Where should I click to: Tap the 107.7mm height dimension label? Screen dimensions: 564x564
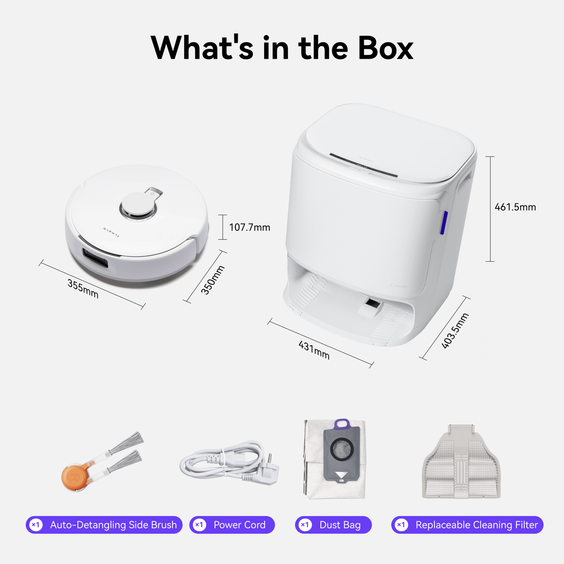point(249,227)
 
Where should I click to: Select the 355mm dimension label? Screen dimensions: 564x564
point(83,288)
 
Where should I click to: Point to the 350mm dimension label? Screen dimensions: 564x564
point(213,280)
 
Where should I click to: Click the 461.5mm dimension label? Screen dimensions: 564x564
point(515,207)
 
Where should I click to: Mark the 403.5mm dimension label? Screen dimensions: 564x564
point(455,330)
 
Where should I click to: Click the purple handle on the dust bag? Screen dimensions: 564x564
point(342,423)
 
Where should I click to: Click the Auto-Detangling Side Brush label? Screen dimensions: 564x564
point(113,525)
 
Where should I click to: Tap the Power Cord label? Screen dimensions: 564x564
point(239,525)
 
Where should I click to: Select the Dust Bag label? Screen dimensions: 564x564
point(340,525)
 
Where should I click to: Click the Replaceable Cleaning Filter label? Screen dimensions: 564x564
point(477,525)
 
